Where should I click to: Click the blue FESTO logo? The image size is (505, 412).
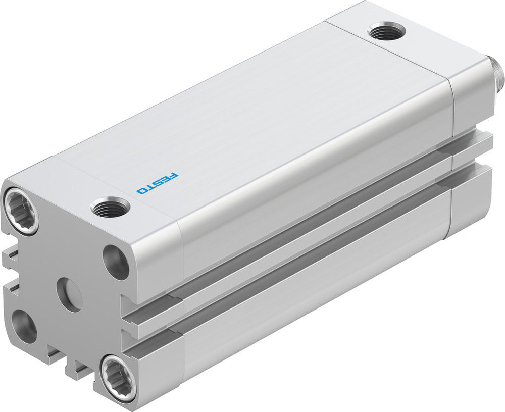click(x=158, y=183)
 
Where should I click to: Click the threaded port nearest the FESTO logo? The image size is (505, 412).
click(x=110, y=207)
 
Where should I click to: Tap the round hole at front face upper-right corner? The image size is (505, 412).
click(x=116, y=262)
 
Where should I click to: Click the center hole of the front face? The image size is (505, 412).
click(x=69, y=294)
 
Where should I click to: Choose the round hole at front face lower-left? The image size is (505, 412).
click(x=24, y=326)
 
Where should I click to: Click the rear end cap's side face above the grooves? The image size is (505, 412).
click(x=472, y=101)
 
